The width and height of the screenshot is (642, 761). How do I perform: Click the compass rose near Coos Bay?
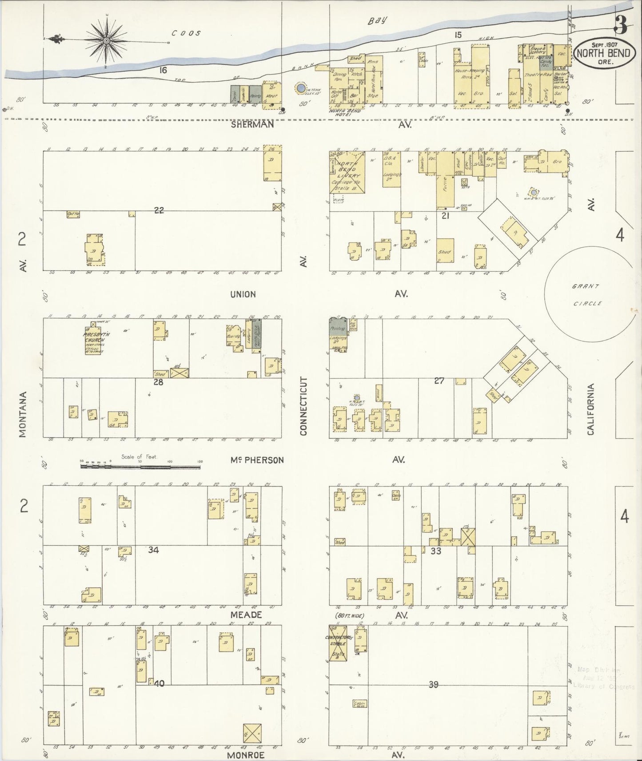point(107,41)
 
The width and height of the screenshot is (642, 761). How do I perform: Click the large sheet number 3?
point(621,26)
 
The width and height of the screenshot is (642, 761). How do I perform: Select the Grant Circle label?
point(586,295)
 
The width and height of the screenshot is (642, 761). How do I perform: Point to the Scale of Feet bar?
point(140,467)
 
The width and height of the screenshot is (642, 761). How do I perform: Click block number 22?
point(159,210)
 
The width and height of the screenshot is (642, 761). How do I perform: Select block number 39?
point(434,685)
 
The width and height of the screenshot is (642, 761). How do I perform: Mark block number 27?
point(439,380)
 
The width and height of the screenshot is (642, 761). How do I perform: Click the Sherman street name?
point(252,125)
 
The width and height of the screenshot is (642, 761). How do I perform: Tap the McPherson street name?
point(257,460)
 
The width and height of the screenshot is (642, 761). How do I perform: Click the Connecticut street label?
point(304,406)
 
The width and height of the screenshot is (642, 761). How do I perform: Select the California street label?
point(590,409)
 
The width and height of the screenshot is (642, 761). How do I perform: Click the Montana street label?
point(23,414)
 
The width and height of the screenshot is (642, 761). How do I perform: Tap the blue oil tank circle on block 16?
point(301,88)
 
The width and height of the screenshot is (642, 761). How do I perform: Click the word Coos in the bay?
point(187,33)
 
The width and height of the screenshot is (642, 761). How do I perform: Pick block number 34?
point(153,550)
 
